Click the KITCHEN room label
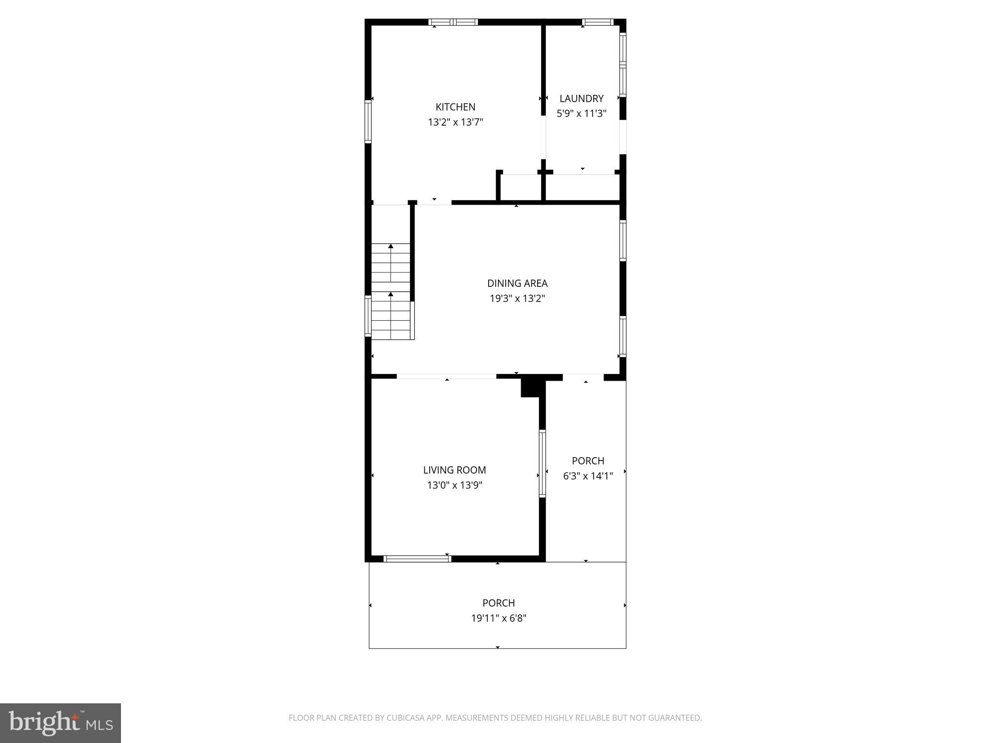pyautogui.click(x=455, y=107)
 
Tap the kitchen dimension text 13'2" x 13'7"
pyautogui.click(x=455, y=122)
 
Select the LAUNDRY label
pyautogui.click(x=581, y=99)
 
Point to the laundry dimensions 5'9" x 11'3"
pyautogui.click(x=581, y=114)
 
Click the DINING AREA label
pyautogui.click(x=517, y=283)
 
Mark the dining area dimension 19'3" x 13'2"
pyautogui.click(x=517, y=298)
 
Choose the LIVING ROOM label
pyautogui.click(x=454, y=470)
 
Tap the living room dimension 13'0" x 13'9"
pyautogui.click(x=454, y=485)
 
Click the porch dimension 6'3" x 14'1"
pyautogui.click(x=588, y=476)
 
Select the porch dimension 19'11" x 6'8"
pyautogui.click(x=498, y=618)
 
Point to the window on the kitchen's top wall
pyautogui.click(x=453, y=22)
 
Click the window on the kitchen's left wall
pyautogui.click(x=368, y=121)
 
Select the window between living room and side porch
pyautogui.click(x=542, y=463)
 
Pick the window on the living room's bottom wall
pyautogui.click(x=417, y=559)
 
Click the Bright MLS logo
pyautogui.click(x=60, y=723)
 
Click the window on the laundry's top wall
pyautogui.click(x=598, y=22)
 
